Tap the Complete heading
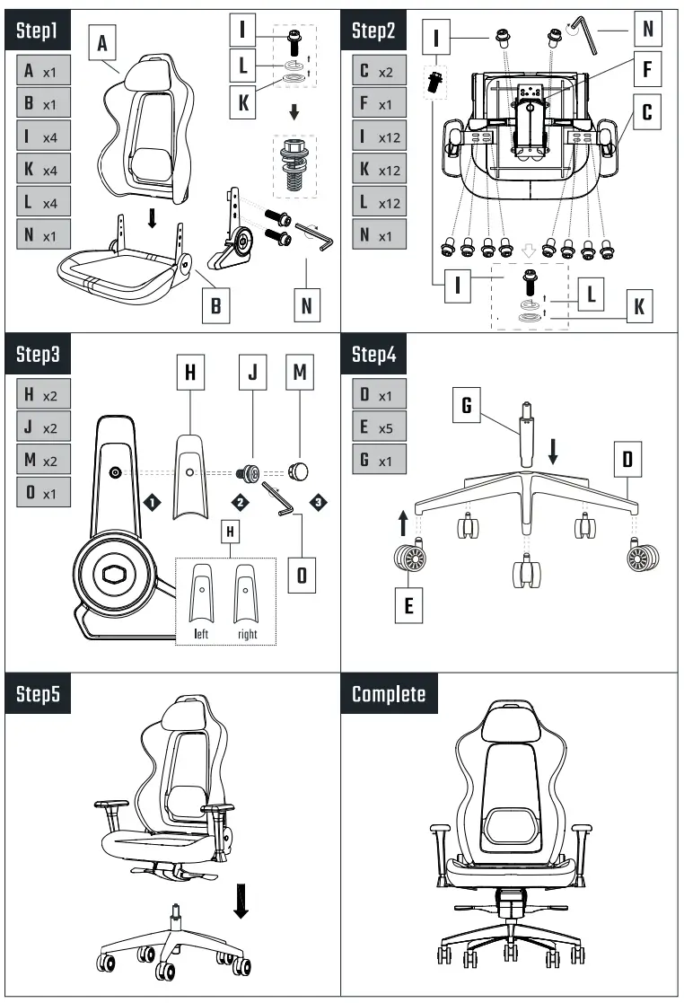click(x=390, y=693)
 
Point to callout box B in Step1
click(x=215, y=304)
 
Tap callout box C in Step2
click(x=645, y=114)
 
